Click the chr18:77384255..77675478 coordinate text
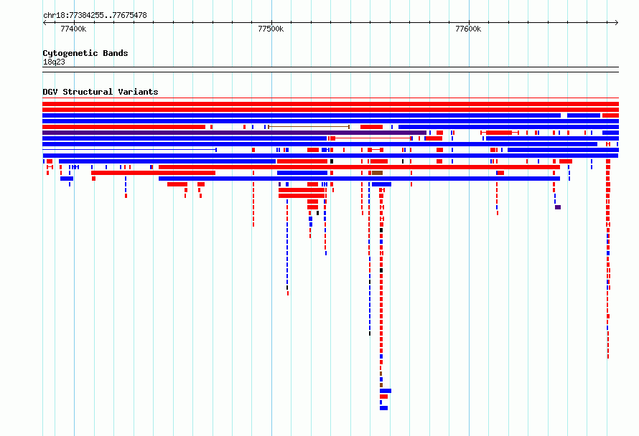click(x=95, y=16)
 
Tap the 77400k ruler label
click(x=73, y=29)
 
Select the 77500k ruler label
click(x=271, y=29)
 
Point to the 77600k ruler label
click(x=468, y=29)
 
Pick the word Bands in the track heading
click(x=116, y=53)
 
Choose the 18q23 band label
click(x=54, y=62)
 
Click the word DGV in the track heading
click(x=50, y=92)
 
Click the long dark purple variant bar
click(x=234, y=133)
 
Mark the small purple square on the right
click(x=558, y=207)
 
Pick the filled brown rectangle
click(x=378, y=173)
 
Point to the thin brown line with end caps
click(x=309, y=127)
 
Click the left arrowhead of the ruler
click(x=45, y=23)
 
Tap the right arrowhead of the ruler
click(x=617, y=23)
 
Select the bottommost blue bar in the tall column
click(x=384, y=408)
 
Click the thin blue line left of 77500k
click(x=129, y=150)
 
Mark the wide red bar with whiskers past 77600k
click(x=500, y=133)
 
